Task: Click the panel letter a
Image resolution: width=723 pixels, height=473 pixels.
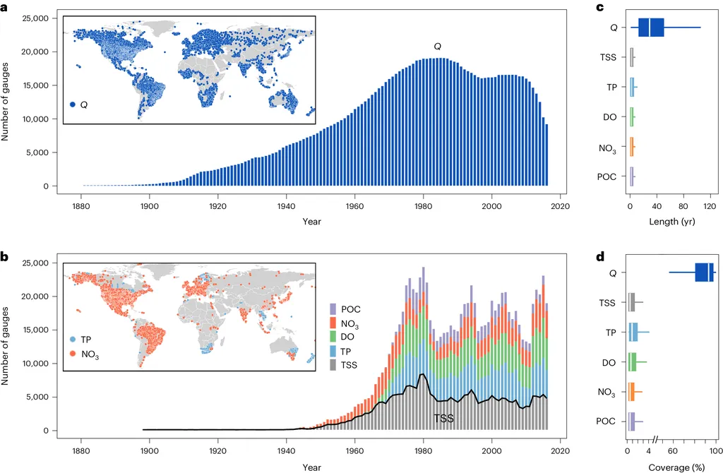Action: pos(4,6)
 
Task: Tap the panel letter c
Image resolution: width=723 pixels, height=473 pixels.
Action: pos(599,6)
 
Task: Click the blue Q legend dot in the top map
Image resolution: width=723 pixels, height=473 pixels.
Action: pos(73,104)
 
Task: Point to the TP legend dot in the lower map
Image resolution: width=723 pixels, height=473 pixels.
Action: pos(73,339)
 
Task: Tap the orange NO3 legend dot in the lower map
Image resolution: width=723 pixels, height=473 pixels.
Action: pos(73,355)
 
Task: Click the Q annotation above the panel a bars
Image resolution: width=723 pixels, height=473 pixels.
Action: pos(437,47)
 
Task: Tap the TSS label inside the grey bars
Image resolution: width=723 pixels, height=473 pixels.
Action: pos(443,419)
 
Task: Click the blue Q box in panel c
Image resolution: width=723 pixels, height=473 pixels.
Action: pos(651,27)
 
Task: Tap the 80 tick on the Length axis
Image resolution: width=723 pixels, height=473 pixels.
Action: pos(683,207)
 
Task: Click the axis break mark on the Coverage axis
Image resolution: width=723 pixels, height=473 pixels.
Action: pos(656,440)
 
